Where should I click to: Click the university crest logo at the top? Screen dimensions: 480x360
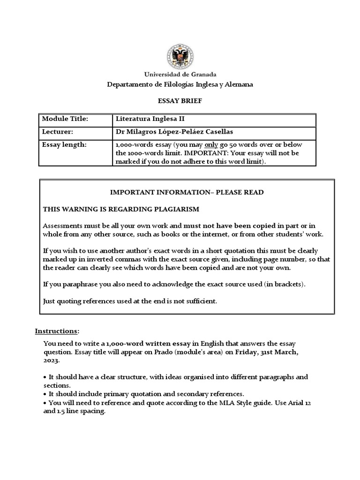pos(180,56)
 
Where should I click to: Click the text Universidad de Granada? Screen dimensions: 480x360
pos(180,75)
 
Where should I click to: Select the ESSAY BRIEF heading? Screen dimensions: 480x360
pos(180,100)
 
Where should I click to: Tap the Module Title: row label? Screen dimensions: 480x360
pos(65,120)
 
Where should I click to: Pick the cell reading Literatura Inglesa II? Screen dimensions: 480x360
pos(147,120)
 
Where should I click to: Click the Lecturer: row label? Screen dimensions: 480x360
pos(58,132)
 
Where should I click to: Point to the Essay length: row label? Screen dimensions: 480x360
pos(64,145)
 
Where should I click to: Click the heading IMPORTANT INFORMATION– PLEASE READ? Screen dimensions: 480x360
pos(187,193)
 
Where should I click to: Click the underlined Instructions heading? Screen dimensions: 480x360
pos(57,331)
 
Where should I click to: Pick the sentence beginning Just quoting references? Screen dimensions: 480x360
pos(130,301)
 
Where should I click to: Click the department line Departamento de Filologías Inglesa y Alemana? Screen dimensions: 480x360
pos(180,84)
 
